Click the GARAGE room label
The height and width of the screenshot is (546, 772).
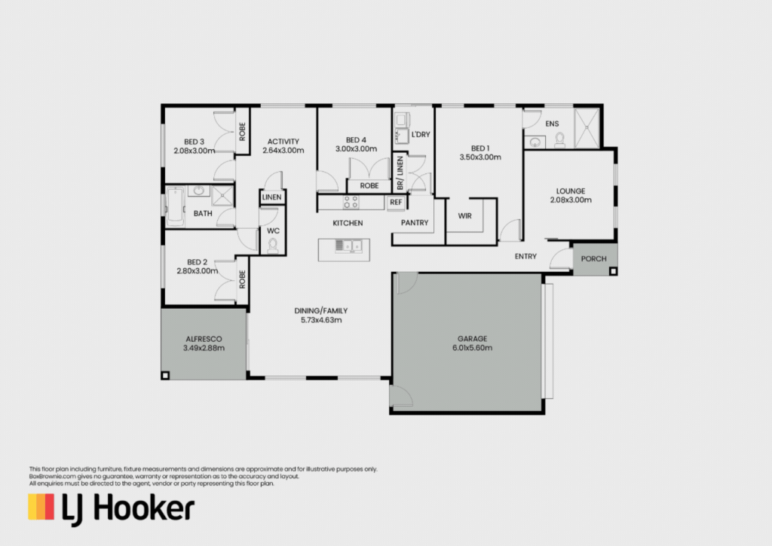pos(472,338)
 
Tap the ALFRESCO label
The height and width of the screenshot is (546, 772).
pos(204,339)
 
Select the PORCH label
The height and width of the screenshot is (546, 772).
pos(594,259)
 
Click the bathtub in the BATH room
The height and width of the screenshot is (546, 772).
pos(175,206)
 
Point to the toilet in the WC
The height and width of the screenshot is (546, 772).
pos(272,246)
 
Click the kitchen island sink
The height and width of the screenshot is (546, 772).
pos(348,246)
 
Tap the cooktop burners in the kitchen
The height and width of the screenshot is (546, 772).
pos(351,202)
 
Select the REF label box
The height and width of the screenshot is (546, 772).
pos(396,202)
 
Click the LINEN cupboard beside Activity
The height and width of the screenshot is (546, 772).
pos(271,197)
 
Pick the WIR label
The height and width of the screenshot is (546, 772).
pos(464,216)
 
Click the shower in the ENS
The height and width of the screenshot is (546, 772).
pos(587,128)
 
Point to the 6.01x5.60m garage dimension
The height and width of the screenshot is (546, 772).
pos(472,348)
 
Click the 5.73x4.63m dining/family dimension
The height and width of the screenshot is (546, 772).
pos(321,320)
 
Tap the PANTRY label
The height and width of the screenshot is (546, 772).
pos(415,223)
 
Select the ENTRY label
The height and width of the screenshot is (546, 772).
pos(525,256)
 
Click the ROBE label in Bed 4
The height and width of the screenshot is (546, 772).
pos(369,186)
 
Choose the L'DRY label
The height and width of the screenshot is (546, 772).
pos(421,134)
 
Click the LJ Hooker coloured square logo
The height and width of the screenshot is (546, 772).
pos(41,507)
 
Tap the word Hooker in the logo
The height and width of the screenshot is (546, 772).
pos(144,508)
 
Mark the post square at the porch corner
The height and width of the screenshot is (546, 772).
pos(613,271)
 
